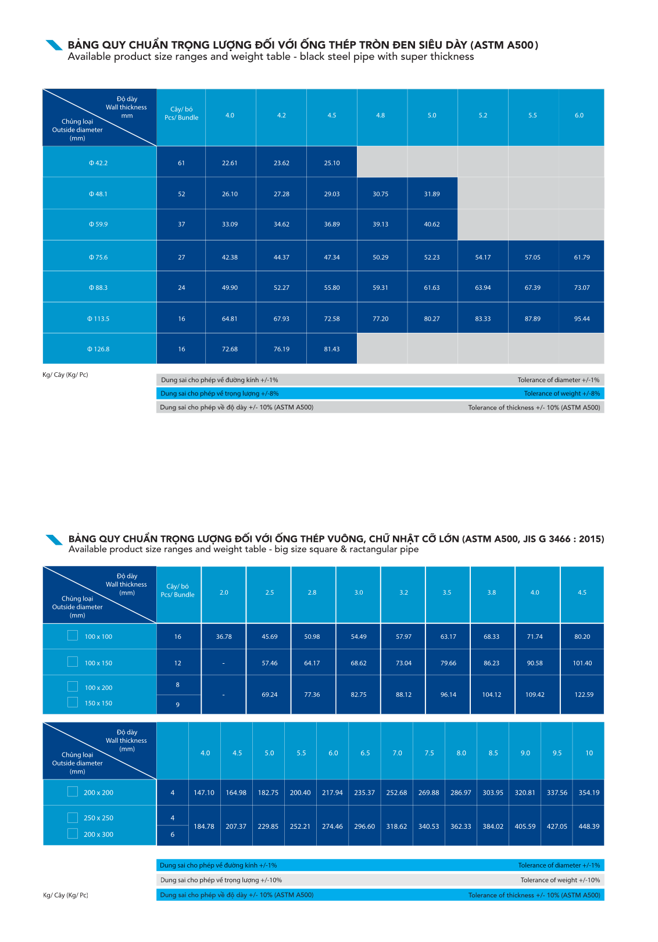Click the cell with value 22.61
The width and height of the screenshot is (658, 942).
[x=230, y=163]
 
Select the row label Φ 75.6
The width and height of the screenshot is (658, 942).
[x=98, y=257]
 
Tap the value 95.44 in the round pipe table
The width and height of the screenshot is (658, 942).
[x=582, y=319]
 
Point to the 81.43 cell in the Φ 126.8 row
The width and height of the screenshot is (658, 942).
[x=332, y=349]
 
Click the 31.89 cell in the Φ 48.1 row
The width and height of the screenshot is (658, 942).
[x=432, y=194]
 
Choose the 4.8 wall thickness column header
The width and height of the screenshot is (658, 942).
[x=381, y=116]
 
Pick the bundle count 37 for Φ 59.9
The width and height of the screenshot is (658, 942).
[x=181, y=224]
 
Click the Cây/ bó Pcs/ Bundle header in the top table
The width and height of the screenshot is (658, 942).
[x=181, y=113]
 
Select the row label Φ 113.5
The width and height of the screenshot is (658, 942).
[x=98, y=319]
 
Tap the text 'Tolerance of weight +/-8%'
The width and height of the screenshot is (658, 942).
[x=562, y=394]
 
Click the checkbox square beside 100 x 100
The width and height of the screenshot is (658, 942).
[x=73, y=635]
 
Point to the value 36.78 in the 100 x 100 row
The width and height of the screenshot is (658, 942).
[x=224, y=637]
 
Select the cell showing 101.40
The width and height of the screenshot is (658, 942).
[x=582, y=663]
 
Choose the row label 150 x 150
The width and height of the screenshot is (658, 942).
[x=98, y=703]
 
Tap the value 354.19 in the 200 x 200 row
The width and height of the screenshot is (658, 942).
[x=589, y=793]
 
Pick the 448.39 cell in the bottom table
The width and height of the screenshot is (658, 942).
[x=589, y=826]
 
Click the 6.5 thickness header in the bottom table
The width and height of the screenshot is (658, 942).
[x=365, y=753]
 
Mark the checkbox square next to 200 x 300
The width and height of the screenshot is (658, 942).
[x=73, y=833]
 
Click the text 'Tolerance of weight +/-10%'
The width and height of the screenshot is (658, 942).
[x=560, y=880]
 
